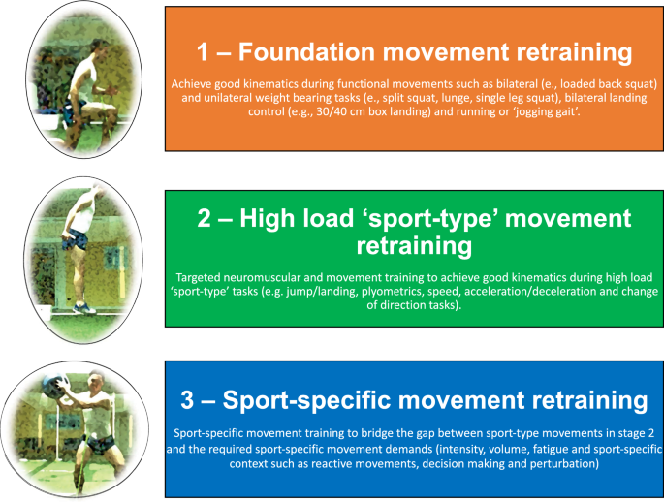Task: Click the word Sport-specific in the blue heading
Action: click(x=321, y=399)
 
